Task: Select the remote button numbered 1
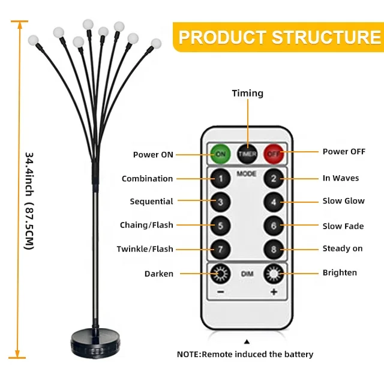pos(221,178)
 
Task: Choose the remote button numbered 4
pos(274,202)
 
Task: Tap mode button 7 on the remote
pos(221,249)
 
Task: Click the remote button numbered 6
pos(274,226)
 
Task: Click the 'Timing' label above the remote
pos(248,93)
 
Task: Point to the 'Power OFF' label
pos(344,152)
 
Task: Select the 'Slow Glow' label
pos(344,201)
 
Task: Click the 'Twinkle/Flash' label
pos(145,249)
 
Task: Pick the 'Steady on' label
pos(343,248)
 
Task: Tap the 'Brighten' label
pos(340,272)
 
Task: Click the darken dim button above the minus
pos(221,274)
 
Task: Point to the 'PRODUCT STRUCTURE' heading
pos(280,37)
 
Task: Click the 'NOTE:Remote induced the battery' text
pos(245,355)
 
